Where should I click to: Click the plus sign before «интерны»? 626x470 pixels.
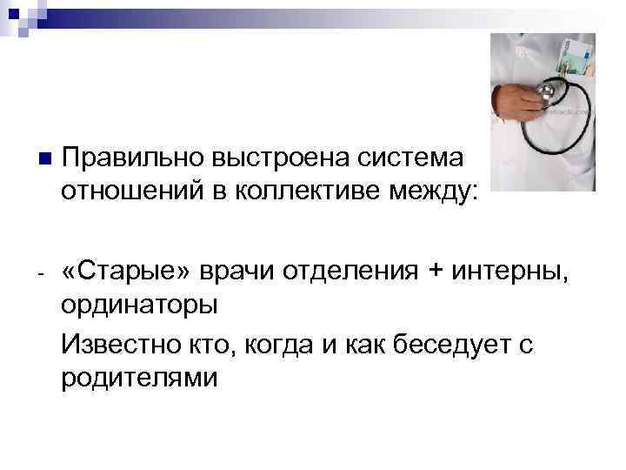pyautogui.click(x=435, y=272)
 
